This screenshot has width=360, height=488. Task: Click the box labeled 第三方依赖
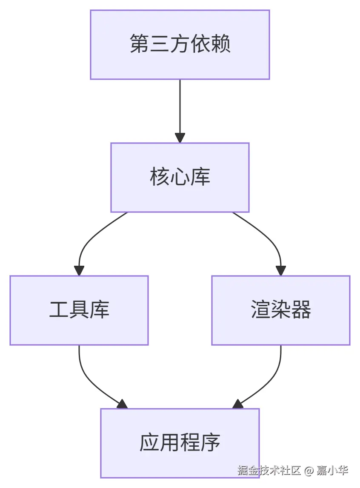coord(180,45)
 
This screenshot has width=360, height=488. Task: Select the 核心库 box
coord(180,177)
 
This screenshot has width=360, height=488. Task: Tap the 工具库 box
coord(79,310)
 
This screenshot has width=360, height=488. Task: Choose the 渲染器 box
coord(280,310)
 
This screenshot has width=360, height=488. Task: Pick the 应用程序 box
coord(180,443)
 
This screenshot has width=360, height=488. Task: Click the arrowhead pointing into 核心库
coord(180,138)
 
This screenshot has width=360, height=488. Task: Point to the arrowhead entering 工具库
coord(79,270)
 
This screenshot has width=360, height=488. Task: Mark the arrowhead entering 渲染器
coord(280,270)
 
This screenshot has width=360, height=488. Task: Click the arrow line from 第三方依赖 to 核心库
coord(180,106)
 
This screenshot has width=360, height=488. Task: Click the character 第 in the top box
coord(139,44)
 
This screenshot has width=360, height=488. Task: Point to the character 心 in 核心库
coord(180,177)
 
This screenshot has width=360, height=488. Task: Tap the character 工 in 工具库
coord(59,310)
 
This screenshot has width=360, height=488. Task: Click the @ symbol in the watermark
coord(309,470)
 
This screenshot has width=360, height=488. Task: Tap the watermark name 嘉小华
coord(332,470)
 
